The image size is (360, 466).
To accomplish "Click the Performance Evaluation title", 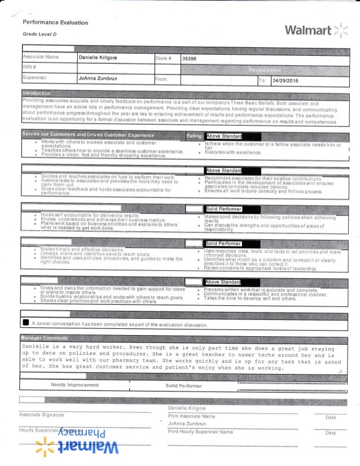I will click(x=55, y=23).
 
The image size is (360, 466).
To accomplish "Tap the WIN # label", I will click(x=29, y=68).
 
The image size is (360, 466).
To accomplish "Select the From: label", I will click(x=164, y=80).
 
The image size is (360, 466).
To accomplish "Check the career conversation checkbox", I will click(x=26, y=323).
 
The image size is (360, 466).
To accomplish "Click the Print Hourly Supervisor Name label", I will click(x=200, y=432).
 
